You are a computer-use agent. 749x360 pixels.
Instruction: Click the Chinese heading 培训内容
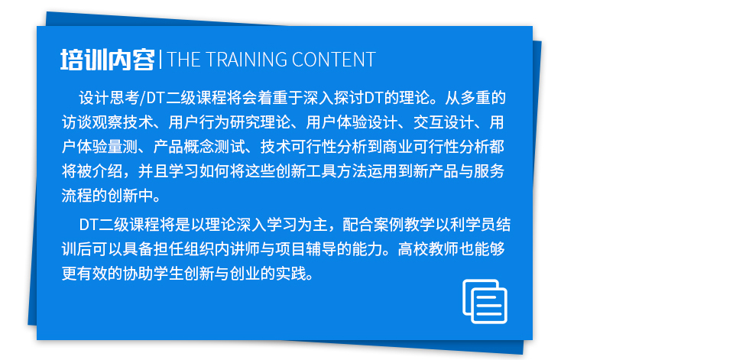coord(108,60)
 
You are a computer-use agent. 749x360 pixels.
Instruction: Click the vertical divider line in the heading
coord(160,60)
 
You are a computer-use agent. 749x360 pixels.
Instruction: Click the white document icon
coord(485,301)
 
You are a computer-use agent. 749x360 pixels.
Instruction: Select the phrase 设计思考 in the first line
coord(109,99)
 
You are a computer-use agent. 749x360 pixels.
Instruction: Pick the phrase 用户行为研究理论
coord(229,123)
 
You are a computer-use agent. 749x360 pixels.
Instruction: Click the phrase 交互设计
coord(443,123)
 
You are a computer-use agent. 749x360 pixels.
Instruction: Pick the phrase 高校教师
coord(428,249)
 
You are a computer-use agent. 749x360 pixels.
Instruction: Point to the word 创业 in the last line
coord(245,274)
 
